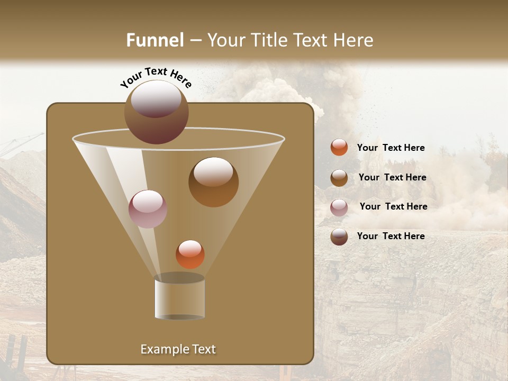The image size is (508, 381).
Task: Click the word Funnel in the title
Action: tap(155, 40)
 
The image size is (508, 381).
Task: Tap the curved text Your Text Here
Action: tap(156, 77)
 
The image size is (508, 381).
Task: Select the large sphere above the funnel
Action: tap(156, 112)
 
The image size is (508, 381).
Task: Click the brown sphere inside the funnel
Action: tap(213, 182)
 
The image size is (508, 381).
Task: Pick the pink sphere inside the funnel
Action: tap(148, 209)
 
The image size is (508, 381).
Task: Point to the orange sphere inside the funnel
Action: tap(190, 255)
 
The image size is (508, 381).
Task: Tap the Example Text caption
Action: tap(178, 349)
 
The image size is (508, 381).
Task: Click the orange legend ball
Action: tap(339, 148)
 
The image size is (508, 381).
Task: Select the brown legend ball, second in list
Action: tap(339, 177)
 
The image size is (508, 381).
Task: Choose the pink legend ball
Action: tap(339, 207)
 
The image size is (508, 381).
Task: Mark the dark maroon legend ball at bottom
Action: tap(339, 237)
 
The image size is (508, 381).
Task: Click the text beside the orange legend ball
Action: tap(391, 148)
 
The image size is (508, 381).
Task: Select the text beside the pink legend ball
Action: tap(393, 206)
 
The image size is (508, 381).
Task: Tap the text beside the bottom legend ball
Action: tap(391, 236)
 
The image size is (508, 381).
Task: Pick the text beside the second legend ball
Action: tap(392, 177)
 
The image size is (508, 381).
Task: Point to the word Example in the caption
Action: tap(162, 349)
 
